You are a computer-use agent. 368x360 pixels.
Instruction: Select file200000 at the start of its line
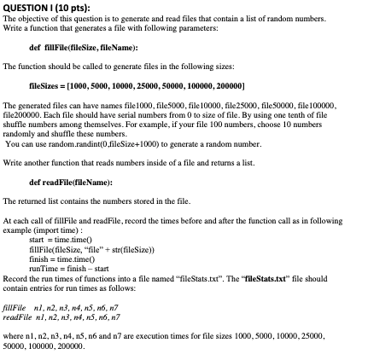(x=18, y=113)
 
